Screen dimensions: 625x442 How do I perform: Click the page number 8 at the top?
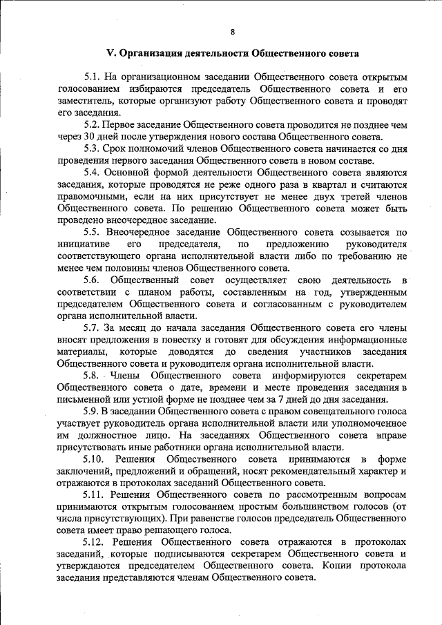(x=233, y=32)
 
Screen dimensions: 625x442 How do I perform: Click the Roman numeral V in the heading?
(x=109, y=52)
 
